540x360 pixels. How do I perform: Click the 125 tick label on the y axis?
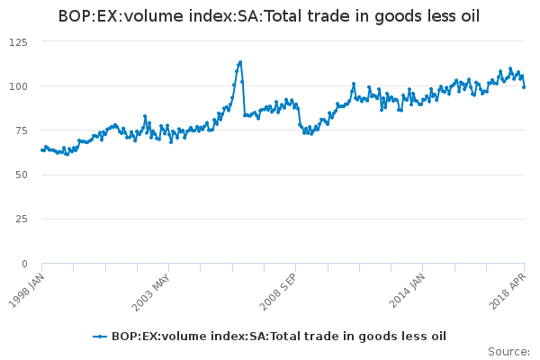pyautogui.click(x=19, y=42)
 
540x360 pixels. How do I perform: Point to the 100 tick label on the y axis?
pyautogui.click(x=19, y=86)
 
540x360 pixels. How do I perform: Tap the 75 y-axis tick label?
pyautogui.click(x=22, y=130)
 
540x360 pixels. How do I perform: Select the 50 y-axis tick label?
pyautogui.click(x=22, y=175)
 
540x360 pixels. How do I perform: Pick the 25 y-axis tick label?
pyautogui.click(x=22, y=219)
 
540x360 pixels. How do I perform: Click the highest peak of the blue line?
pyautogui.click(x=240, y=62)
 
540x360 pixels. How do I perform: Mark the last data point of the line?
pyautogui.click(x=524, y=87)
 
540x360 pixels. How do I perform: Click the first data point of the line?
pyautogui.click(x=42, y=149)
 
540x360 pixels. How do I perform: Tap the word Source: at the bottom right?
pyautogui.click(x=508, y=351)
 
